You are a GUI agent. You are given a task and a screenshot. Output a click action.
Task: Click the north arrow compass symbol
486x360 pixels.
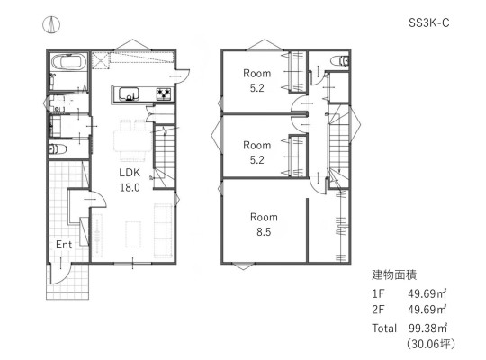pyautogui.click(x=51, y=25)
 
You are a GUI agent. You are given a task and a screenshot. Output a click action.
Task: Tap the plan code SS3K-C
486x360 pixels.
pyautogui.click(x=428, y=22)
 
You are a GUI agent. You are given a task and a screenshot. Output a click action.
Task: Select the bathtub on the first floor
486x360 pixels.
pyautogui.click(x=69, y=62)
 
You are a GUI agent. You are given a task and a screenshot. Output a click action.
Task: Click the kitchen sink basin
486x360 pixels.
pyautogui.click(x=129, y=94)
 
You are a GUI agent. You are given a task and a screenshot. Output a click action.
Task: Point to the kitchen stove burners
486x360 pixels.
pyautogui.click(x=164, y=94)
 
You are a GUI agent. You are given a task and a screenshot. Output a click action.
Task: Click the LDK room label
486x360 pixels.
pyautogui.click(x=130, y=173)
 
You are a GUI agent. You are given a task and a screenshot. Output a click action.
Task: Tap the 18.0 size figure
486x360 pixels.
pyautogui.click(x=130, y=187)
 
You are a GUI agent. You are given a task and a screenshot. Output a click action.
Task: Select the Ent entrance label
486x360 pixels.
pyautogui.click(x=64, y=245)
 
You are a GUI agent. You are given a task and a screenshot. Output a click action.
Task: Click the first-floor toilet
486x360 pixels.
pyautogui.click(x=58, y=149)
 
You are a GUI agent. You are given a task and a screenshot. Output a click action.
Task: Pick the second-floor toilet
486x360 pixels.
pyautogui.click(x=339, y=60)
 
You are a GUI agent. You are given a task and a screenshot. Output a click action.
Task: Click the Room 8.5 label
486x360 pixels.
pyautogui.click(x=264, y=224)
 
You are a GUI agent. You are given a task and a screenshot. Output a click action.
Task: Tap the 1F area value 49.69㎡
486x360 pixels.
pyautogui.click(x=427, y=293)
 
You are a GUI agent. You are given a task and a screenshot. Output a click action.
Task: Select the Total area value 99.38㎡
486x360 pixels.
pyautogui.click(x=427, y=328)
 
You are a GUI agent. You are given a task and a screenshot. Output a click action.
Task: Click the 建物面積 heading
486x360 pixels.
pyautogui.click(x=394, y=274)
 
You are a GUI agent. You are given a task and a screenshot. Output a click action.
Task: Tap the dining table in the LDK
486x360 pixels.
pyautogui.click(x=133, y=141)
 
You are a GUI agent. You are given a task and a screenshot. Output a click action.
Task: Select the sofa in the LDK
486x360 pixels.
pyautogui.click(x=163, y=230)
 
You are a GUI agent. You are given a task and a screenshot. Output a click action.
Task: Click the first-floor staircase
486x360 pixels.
pyautogui.click(x=165, y=157)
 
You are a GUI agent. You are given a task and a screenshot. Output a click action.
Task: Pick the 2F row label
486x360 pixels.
pyautogui.click(x=378, y=310)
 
